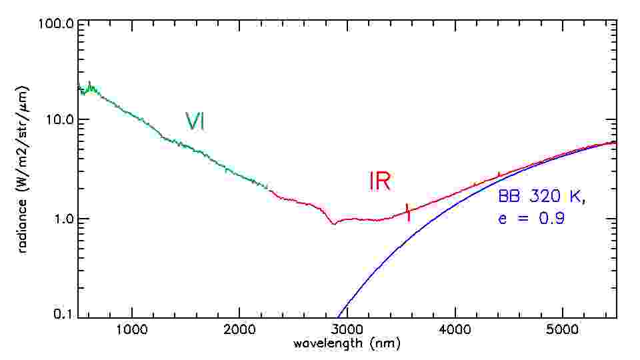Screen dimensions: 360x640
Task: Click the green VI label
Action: pos(195,121)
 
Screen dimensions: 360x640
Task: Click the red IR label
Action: pos(379,181)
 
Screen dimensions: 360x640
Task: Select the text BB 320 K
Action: pos(542,197)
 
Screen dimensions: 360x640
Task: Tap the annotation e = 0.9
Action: pos(532,218)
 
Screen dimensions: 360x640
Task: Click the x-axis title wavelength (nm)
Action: pos(347,345)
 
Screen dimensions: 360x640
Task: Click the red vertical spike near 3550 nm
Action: pos(407,211)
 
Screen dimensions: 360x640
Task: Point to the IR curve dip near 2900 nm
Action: pos(334,224)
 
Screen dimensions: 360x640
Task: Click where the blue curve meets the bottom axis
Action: pos(339,317)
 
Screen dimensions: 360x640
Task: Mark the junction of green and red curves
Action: pos(267,187)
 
